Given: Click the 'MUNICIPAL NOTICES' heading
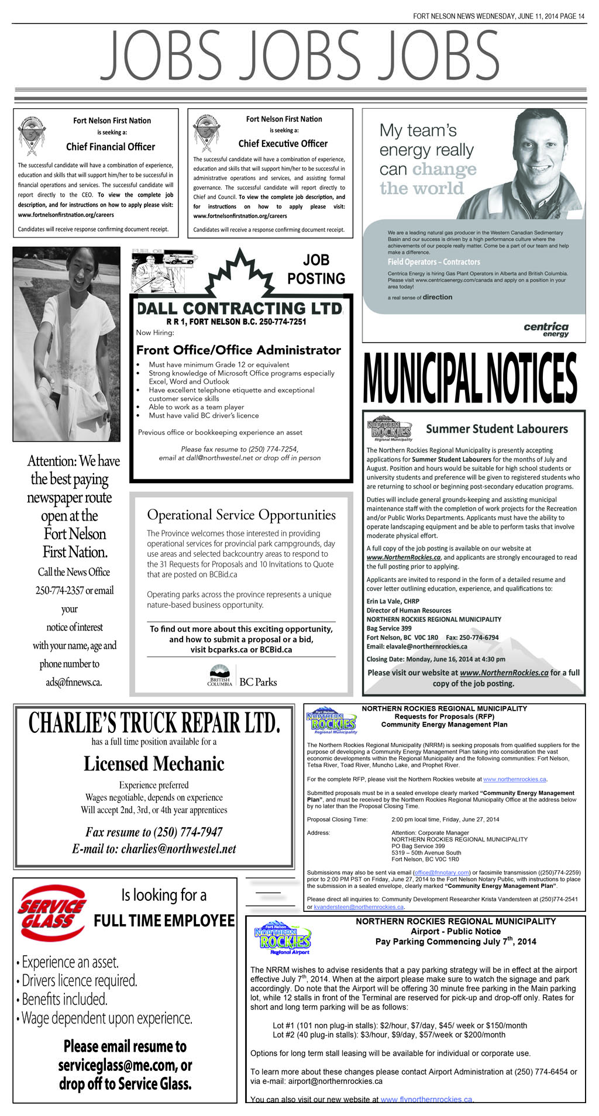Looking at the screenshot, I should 470,378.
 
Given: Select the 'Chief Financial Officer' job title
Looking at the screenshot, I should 111,147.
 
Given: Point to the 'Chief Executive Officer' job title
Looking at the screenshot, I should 283,144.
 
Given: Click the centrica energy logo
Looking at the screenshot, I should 546,329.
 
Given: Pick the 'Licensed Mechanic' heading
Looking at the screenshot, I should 154,764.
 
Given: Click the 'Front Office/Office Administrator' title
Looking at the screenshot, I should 239,350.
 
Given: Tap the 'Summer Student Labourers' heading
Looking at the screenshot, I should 497,429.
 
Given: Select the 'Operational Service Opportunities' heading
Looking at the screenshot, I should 241,515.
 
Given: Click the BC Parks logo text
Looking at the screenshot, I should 258,682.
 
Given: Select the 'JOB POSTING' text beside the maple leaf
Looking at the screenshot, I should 316,269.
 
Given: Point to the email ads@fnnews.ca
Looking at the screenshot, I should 74,682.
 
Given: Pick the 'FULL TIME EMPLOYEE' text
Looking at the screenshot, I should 164,921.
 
